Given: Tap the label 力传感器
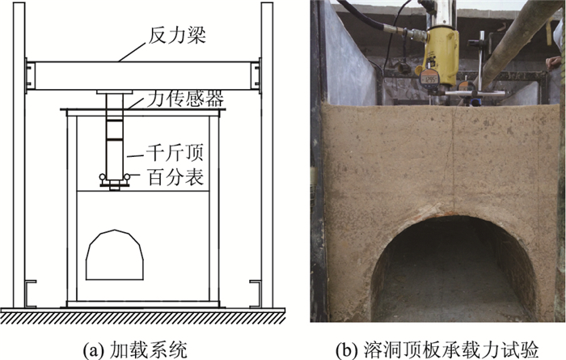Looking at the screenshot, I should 185,100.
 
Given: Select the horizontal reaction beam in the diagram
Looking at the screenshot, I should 141,74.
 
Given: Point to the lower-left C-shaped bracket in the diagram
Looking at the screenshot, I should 29,293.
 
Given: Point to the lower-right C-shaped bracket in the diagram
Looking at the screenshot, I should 256,293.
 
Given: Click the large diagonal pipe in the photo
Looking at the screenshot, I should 517,40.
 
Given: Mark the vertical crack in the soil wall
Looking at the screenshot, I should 454,154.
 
